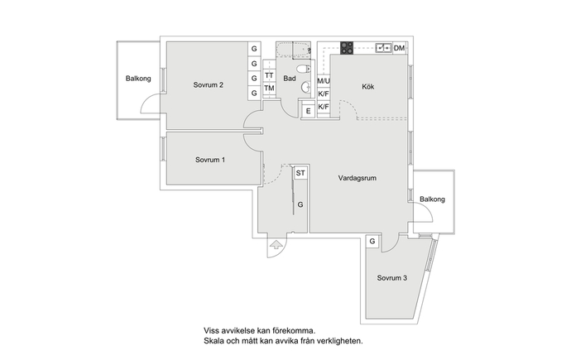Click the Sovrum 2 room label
208,85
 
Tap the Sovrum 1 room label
210,160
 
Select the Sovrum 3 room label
391,278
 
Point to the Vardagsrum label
357,178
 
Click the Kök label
367,87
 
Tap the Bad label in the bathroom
290,79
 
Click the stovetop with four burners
347,48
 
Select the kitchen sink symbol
383,48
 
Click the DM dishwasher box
400,48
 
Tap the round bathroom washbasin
306,87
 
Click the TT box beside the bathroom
269,75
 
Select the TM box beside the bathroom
269,88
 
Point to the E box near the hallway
309,111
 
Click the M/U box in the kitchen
324,81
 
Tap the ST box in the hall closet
300,173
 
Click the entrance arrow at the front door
276,245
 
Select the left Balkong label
138,79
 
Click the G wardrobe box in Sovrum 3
372,242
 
